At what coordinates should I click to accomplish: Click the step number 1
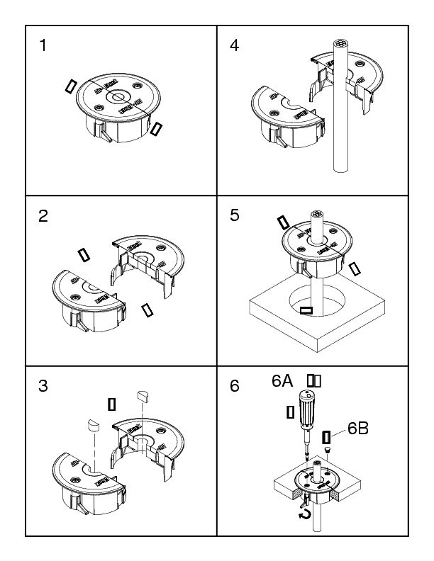(x=43, y=46)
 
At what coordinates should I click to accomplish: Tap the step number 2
(x=43, y=217)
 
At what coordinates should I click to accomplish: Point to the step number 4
(x=235, y=46)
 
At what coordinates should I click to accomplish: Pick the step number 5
(x=235, y=217)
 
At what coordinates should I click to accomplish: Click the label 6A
(x=284, y=381)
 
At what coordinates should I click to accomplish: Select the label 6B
(x=358, y=429)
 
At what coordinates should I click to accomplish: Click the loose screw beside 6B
(x=328, y=449)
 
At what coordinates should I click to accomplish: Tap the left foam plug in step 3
(x=91, y=426)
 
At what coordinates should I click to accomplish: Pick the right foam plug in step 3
(x=142, y=394)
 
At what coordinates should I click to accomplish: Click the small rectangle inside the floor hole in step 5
(x=306, y=310)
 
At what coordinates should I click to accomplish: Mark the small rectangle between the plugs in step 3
(x=111, y=404)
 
